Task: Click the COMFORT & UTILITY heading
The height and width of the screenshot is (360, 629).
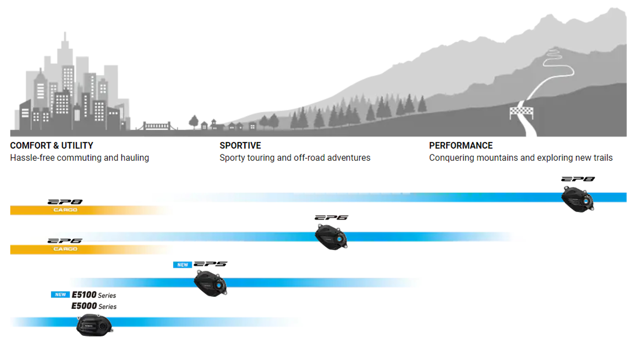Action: [52, 145]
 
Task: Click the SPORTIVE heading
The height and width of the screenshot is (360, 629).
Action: [240, 145]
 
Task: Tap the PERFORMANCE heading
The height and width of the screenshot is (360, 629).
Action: [461, 145]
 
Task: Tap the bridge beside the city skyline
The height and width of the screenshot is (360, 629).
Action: [157, 126]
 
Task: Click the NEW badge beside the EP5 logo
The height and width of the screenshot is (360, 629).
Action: [183, 265]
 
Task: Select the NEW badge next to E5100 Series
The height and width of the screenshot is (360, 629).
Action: [60, 294]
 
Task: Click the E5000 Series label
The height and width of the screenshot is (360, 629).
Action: [94, 306]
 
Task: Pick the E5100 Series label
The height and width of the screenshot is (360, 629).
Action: [94, 295]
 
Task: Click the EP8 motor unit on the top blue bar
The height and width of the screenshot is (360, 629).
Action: [577, 199]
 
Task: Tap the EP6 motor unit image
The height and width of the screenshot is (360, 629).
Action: [331, 237]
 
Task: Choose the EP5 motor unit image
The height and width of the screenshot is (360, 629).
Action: [211, 283]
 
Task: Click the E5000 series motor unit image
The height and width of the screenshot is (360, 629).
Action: [95, 325]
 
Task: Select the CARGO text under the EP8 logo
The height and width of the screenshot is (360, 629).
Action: [65, 210]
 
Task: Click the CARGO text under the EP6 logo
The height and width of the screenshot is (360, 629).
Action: [65, 249]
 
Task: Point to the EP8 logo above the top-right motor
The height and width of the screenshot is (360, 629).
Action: [578, 179]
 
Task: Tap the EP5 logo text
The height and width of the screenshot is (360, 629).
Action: [211, 264]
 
